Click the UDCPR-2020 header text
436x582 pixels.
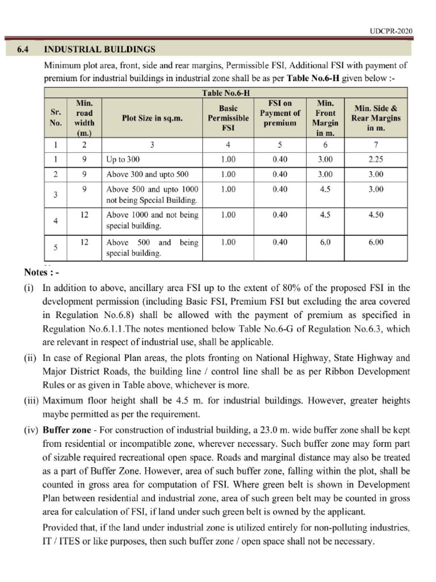click(391, 31)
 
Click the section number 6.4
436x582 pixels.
click(23, 49)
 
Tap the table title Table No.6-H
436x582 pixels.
click(226, 93)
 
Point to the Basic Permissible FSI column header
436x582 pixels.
click(228, 118)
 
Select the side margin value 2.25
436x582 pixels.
click(375, 160)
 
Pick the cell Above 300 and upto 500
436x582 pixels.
click(147, 174)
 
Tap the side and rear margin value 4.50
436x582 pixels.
click(375, 215)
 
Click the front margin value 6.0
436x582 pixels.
click(325, 242)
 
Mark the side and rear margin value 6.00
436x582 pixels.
click(375, 242)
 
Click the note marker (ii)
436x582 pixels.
click(30, 357)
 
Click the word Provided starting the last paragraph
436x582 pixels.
click(60, 528)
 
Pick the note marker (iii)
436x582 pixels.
click(31, 400)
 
